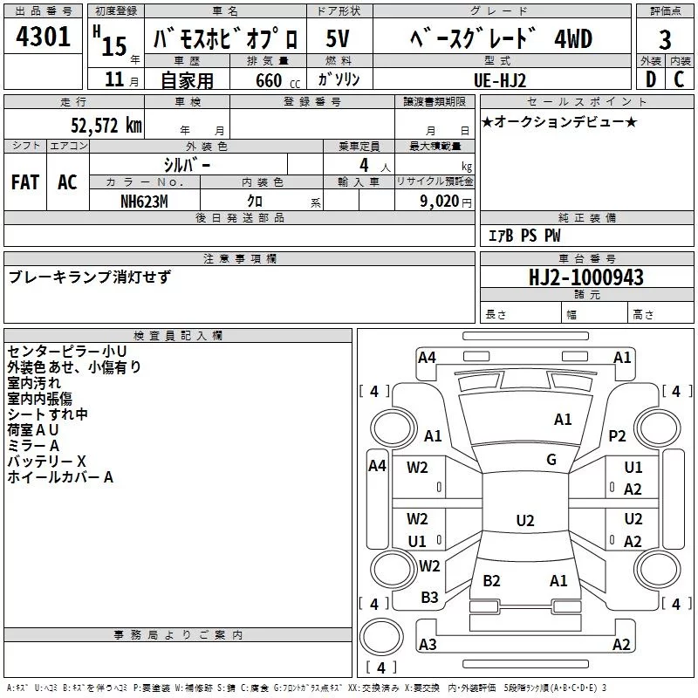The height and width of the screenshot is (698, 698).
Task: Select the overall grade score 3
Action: coord(665,39)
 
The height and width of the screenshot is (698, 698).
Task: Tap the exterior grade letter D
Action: coord(650,79)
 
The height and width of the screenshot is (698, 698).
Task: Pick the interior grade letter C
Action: coord(679,79)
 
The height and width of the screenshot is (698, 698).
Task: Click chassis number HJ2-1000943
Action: coord(586,277)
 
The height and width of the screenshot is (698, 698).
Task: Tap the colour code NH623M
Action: coord(144,202)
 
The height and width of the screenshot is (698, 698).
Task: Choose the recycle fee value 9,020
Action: coord(440,202)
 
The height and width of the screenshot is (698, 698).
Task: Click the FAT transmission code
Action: coord(25,182)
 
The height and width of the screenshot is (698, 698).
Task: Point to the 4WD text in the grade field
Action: coord(572,39)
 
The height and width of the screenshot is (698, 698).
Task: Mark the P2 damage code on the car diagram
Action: coord(617,436)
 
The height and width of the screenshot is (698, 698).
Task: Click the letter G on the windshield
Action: coord(551,460)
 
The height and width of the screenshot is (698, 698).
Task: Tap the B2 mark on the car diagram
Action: coord(491,580)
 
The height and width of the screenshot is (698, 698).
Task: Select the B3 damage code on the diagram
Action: coord(429,598)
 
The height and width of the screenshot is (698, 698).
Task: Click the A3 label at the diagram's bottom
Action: coord(428,645)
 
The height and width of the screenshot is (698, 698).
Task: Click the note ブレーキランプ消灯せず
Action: coord(90,277)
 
